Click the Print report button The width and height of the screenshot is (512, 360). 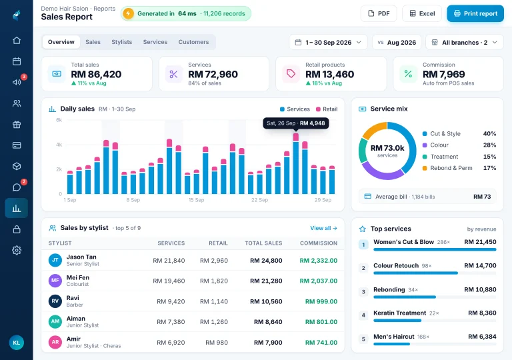tap(475, 13)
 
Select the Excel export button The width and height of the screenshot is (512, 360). tap(422, 13)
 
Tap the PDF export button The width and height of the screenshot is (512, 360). tap(379, 13)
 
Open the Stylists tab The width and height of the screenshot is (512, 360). tap(122, 42)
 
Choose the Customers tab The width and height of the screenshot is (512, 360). tap(193, 42)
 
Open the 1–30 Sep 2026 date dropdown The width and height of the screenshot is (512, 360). tap(328, 43)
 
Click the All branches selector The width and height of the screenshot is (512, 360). tap(464, 43)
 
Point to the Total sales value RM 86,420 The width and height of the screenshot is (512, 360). tap(96, 74)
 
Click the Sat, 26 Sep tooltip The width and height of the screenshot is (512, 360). tap(296, 123)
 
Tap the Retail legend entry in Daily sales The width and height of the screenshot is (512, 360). tap(327, 109)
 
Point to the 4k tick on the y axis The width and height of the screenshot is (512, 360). tap(59, 145)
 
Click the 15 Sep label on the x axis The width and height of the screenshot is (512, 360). tap(196, 200)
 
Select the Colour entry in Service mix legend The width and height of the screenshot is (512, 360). tap(439, 145)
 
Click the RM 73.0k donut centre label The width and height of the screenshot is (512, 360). tap(387, 148)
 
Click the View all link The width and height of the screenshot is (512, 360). tap(323, 228)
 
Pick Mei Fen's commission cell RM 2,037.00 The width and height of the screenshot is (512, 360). tap(319, 281)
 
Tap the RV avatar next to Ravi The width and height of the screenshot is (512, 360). tap(55, 301)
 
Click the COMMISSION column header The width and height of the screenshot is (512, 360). tap(319, 243)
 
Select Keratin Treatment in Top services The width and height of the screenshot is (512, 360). tap(400, 313)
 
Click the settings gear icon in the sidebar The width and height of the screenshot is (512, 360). tap(17, 251)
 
